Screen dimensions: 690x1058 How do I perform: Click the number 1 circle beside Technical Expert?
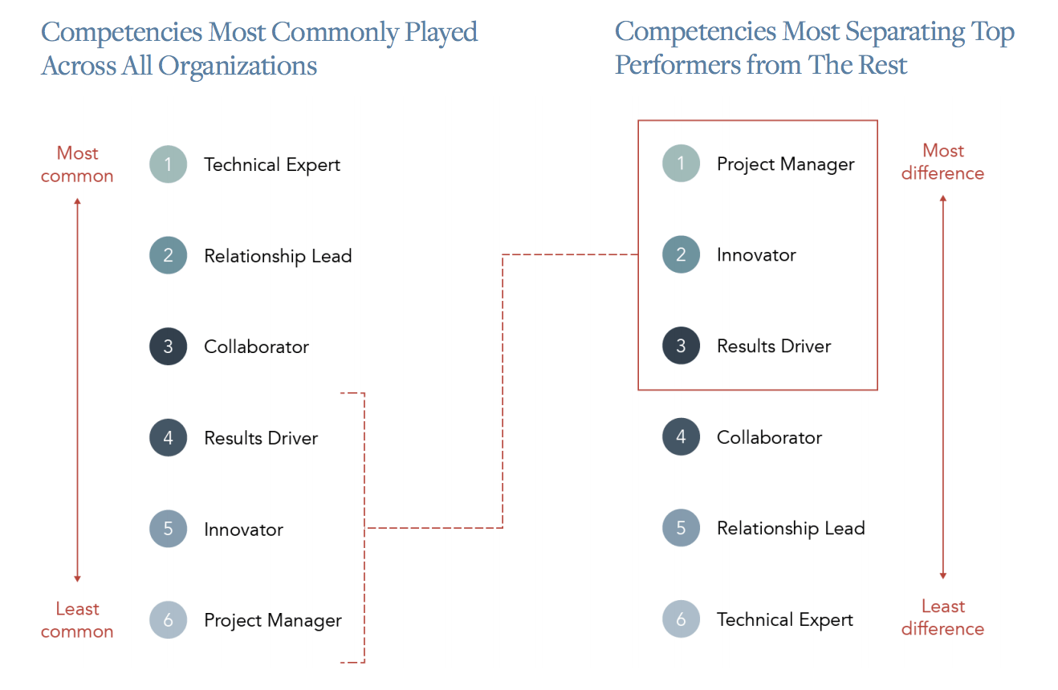pyautogui.click(x=168, y=164)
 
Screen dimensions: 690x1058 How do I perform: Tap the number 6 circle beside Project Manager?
pyautogui.click(x=168, y=620)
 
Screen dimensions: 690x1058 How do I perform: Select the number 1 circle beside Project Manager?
pyautogui.click(x=681, y=164)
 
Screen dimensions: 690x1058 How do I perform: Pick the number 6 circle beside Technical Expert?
pyautogui.click(x=681, y=619)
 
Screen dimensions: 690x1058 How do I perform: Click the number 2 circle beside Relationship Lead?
pyautogui.click(x=168, y=256)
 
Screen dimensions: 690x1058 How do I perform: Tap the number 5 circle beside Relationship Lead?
pyautogui.click(x=681, y=528)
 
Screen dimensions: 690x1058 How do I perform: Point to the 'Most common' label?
pyautogui.click(x=77, y=164)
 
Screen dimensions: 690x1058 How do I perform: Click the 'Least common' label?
pyautogui.click(x=77, y=620)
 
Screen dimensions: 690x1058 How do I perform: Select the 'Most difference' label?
pyautogui.click(x=942, y=162)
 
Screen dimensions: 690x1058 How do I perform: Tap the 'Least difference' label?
pyautogui.click(x=942, y=618)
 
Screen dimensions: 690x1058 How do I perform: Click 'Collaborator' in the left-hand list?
pyautogui.click(x=256, y=347)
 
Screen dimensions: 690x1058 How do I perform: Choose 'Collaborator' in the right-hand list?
pyautogui.click(x=769, y=437)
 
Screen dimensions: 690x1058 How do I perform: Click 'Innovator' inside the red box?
pyautogui.click(x=756, y=255)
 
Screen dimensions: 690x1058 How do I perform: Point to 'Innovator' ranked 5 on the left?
pyautogui.click(x=243, y=530)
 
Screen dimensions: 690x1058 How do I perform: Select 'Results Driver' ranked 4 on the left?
pyautogui.click(x=261, y=438)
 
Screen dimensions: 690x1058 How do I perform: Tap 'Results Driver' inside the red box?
pyautogui.click(x=774, y=346)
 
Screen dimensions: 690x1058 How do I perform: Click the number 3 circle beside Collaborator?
pyautogui.click(x=168, y=347)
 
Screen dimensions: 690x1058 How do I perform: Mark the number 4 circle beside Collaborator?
pyautogui.click(x=681, y=437)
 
